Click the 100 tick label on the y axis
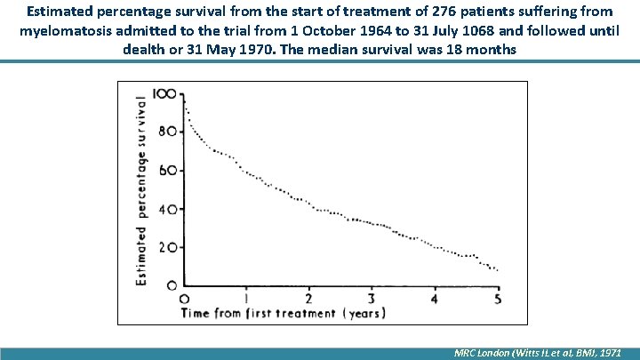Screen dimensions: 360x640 pos(164,93)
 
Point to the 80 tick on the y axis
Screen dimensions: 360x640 pos(167,132)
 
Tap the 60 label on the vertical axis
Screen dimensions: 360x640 pos(167,171)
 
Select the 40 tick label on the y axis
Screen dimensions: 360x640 pos(167,210)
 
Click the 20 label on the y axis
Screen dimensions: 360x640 pos(167,248)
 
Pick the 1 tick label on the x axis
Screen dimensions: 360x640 pos(246,298)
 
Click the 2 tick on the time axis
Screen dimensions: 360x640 pos(308,298)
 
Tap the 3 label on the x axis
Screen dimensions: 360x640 pos(372,298)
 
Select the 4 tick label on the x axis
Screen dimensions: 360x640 pos(435,298)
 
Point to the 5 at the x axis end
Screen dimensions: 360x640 pos(497,298)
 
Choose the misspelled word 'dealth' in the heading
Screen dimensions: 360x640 pos(146,50)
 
